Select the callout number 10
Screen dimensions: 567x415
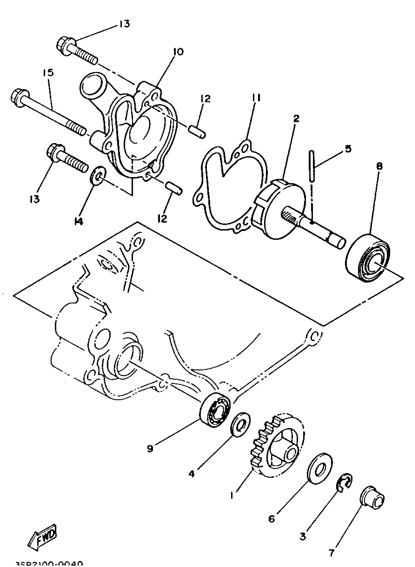(x=178, y=52)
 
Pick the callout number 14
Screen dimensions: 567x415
(x=79, y=221)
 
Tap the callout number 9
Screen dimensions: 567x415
(x=150, y=448)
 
